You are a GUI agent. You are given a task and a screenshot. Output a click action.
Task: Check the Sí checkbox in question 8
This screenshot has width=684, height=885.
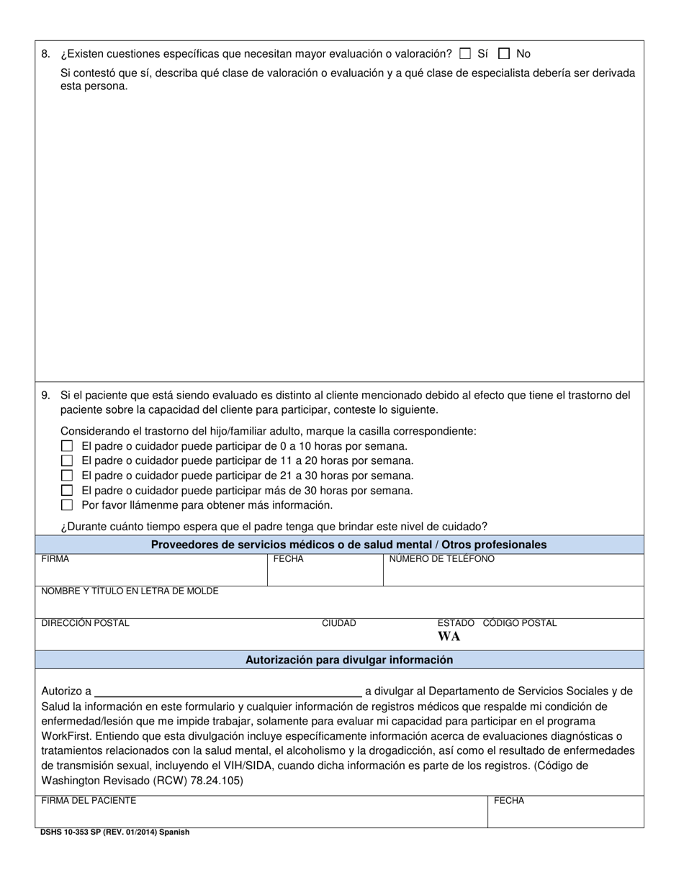point(465,53)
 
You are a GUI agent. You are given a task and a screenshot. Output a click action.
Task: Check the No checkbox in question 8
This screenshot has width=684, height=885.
point(504,53)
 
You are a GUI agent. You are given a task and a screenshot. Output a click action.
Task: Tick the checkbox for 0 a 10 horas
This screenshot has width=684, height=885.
point(67,446)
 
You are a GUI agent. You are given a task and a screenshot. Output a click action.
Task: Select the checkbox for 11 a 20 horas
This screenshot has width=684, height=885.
point(67,460)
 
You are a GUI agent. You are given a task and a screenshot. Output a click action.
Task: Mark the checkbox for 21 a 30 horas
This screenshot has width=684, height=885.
point(67,476)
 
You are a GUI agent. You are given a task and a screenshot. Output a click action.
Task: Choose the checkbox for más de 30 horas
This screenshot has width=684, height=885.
point(67,491)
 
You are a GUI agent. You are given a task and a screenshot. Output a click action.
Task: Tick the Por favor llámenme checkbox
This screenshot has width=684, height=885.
point(67,505)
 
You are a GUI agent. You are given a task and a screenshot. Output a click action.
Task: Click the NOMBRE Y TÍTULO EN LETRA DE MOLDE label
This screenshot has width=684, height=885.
point(130,591)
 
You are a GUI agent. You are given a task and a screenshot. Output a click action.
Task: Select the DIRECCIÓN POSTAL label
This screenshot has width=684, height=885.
point(86,623)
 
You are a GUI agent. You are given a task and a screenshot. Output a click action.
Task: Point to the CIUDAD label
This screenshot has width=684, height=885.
point(338,623)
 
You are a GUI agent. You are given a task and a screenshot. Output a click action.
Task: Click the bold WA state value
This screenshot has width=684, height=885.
point(449,637)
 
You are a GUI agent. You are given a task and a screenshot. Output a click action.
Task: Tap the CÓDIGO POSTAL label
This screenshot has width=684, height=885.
point(519,623)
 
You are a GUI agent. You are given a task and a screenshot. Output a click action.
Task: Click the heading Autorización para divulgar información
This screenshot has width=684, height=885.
point(349,659)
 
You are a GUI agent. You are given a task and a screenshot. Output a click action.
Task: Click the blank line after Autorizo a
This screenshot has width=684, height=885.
point(228,691)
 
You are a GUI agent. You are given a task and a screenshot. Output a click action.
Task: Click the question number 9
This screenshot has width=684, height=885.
point(46,395)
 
